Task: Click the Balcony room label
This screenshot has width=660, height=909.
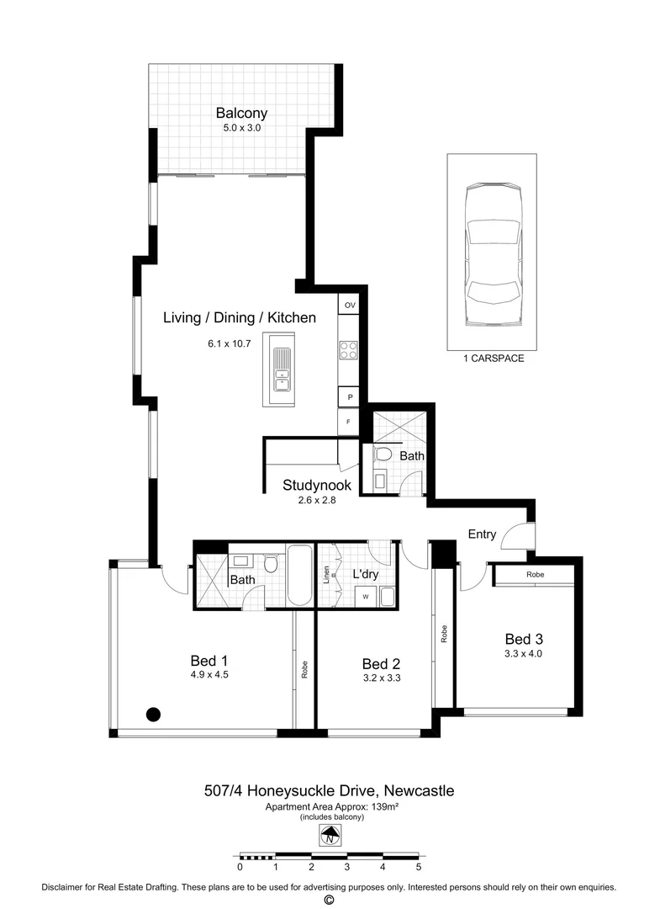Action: [x=241, y=113]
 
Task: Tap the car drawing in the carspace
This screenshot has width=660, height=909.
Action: [x=494, y=254]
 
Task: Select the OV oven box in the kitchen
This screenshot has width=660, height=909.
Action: [x=350, y=304]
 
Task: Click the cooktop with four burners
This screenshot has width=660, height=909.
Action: [x=348, y=349]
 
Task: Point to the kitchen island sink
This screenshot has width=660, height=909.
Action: [x=282, y=370]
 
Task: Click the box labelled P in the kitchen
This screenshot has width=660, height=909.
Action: [x=349, y=396]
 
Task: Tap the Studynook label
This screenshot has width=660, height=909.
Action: [x=316, y=485]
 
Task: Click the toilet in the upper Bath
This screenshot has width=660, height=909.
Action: [x=384, y=455]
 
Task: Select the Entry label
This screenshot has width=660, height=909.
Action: [x=482, y=534]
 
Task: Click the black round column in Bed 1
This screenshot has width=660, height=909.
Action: [x=153, y=715]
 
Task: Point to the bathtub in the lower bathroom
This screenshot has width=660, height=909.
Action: [x=299, y=576]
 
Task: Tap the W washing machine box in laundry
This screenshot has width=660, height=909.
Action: [x=366, y=597]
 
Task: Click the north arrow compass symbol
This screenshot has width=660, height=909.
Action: [x=329, y=835]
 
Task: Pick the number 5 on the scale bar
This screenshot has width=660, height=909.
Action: [x=418, y=866]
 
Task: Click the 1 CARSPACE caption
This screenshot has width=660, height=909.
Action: [x=494, y=359]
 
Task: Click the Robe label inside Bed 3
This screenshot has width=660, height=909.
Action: [x=535, y=575]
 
